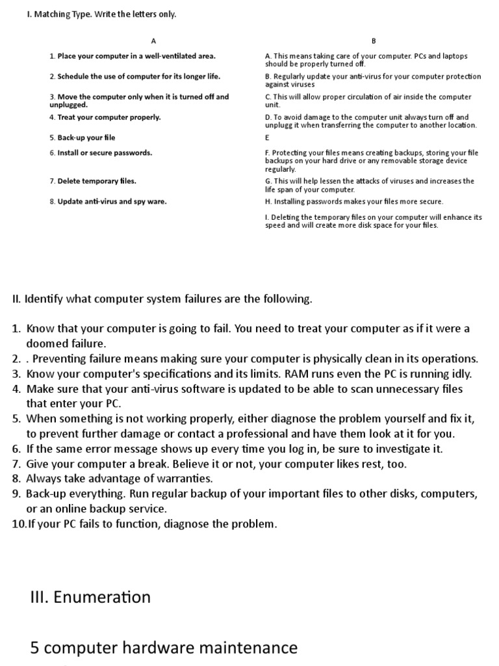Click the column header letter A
[x=153, y=40]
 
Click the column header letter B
[x=374, y=40]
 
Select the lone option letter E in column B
[x=267, y=138]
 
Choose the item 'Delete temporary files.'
[x=92, y=181]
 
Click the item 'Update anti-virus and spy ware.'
[x=107, y=202]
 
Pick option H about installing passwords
[x=354, y=202]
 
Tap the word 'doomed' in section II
[x=47, y=343]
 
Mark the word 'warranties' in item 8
[x=185, y=479]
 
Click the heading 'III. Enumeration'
[x=90, y=597]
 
